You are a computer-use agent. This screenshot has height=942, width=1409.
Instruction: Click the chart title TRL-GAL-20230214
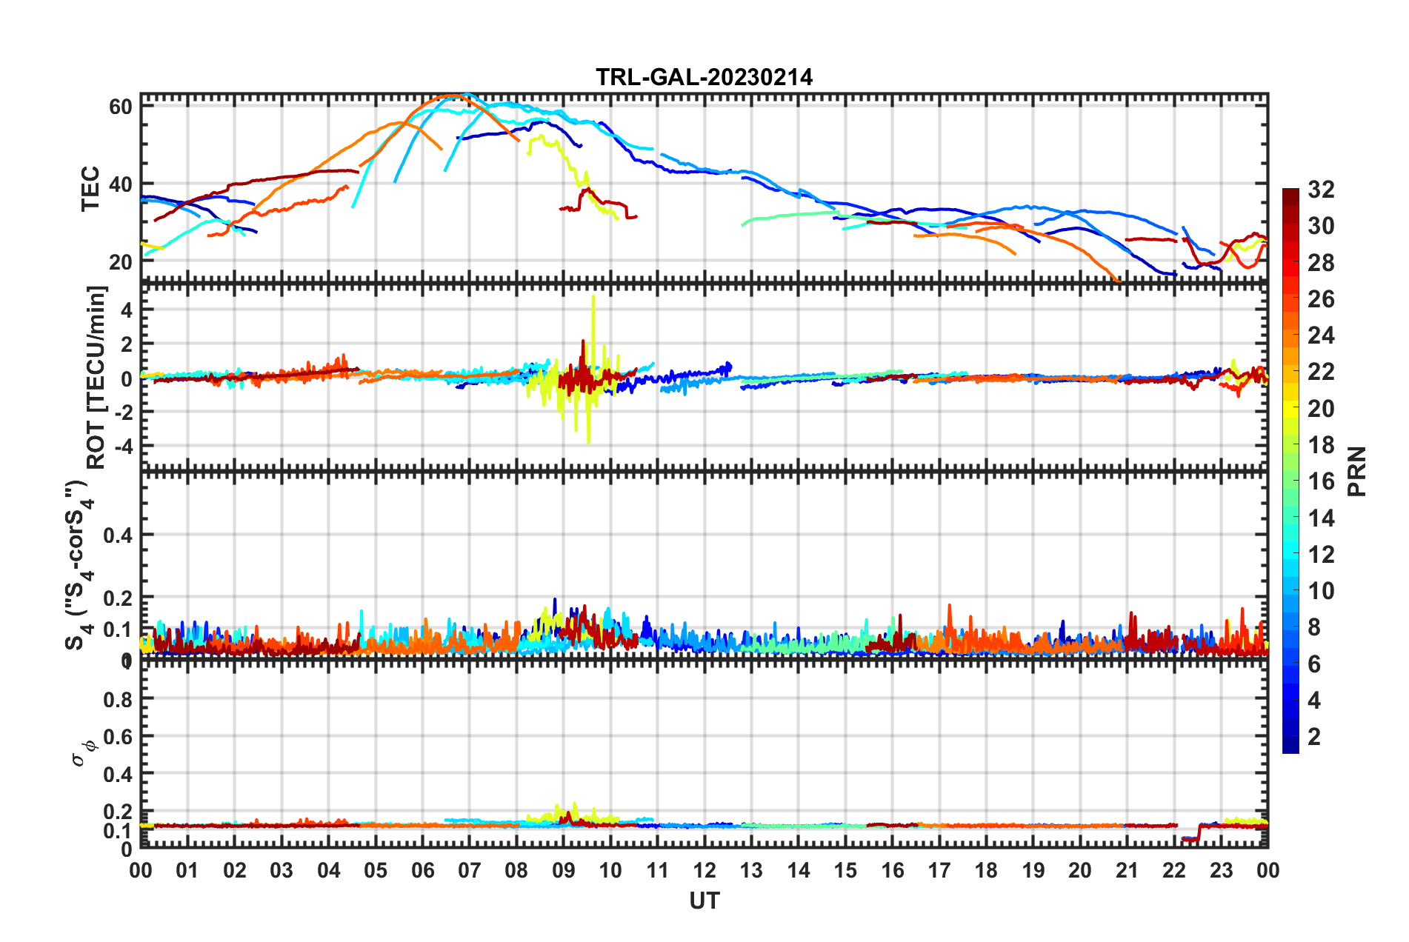point(704,77)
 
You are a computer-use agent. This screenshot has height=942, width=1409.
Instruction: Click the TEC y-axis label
point(90,189)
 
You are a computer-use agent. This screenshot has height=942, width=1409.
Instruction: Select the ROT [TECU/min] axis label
point(96,377)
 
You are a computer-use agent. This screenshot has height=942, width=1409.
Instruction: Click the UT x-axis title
point(704,901)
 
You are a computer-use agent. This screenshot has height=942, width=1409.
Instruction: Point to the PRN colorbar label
point(1356,471)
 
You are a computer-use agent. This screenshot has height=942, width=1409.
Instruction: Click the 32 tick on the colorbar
point(1320,190)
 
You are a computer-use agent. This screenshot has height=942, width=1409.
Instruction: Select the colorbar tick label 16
point(1320,481)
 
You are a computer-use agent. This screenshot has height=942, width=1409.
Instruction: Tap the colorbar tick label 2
point(1314,736)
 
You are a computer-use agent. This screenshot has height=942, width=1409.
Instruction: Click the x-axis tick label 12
point(704,870)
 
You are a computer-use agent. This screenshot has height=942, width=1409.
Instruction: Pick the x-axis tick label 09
point(563,870)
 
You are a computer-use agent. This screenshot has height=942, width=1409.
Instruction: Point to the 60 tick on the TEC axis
point(120,107)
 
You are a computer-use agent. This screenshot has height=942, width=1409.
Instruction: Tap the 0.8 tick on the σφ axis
point(118,699)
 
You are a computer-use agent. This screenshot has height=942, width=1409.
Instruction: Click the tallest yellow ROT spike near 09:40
point(593,298)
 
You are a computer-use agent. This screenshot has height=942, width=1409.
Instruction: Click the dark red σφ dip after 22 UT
point(1190,839)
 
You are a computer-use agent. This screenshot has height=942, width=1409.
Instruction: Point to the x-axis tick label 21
point(1127,870)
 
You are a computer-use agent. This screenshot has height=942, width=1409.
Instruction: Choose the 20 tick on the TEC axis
point(120,261)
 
